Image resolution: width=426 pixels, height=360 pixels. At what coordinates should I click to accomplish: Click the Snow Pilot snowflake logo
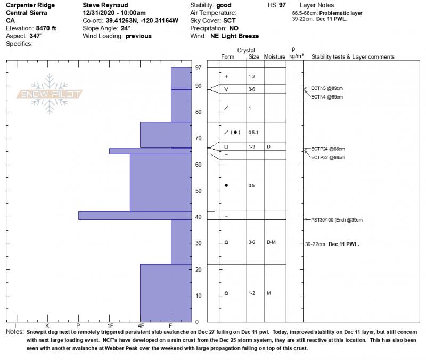[50, 94]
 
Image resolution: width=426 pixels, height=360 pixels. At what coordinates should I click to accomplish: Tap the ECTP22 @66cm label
[327, 158]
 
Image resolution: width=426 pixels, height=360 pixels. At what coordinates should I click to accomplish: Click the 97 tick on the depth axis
[199, 67]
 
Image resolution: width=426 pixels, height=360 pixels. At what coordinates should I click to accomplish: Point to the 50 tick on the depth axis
[199, 191]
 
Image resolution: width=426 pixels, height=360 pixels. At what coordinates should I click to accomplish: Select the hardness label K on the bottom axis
[47, 325]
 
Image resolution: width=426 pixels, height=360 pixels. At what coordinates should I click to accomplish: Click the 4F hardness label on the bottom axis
[141, 325]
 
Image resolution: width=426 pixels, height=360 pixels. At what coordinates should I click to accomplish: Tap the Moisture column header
[275, 56]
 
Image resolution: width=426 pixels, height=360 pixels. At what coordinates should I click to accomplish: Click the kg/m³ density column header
[296, 55]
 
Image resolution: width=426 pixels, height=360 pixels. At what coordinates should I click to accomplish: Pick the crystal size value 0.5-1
[253, 132]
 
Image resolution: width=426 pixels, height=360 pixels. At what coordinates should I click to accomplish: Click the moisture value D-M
[270, 242]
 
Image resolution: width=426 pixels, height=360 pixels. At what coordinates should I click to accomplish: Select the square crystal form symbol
[226, 146]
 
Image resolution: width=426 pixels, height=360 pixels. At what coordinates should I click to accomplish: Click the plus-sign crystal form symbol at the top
[226, 76]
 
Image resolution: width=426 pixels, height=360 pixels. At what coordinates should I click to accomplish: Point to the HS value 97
[282, 4]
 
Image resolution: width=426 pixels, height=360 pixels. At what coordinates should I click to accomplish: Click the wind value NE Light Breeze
[234, 36]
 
